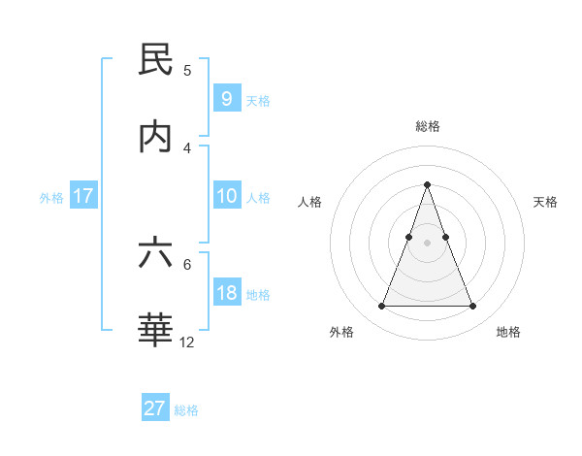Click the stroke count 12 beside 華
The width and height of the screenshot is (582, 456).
[x=187, y=342]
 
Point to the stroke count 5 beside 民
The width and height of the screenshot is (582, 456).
[x=187, y=70]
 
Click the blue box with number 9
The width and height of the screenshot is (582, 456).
[x=226, y=99]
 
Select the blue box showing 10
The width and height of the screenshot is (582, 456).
[x=226, y=196]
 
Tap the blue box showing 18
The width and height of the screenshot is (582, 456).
[x=226, y=293]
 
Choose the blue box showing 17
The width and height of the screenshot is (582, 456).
[x=83, y=196]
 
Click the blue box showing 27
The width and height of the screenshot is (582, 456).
[x=155, y=408]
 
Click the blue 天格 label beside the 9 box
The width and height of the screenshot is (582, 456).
[x=258, y=100]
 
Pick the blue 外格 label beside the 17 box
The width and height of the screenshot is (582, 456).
[x=51, y=197]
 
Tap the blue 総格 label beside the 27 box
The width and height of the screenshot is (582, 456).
[x=186, y=409]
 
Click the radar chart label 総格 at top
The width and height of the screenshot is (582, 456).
[x=427, y=126]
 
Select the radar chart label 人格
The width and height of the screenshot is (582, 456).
[x=310, y=202]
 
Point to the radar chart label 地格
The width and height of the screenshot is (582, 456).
[x=508, y=332]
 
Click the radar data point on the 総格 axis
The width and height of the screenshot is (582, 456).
[x=427, y=184]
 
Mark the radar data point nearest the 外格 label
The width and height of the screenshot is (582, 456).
[x=381, y=307]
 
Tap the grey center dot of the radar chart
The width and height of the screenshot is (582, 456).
[x=427, y=243]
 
